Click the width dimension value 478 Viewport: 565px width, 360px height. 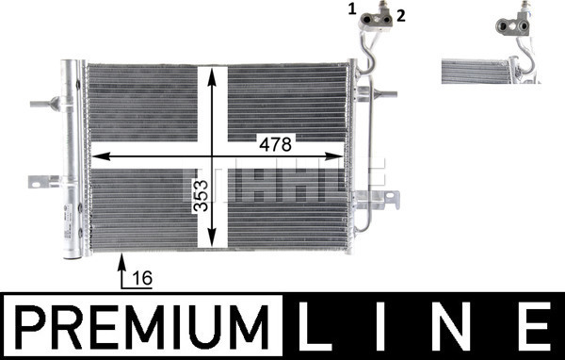tap(276, 144)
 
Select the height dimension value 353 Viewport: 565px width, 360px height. tap(202, 196)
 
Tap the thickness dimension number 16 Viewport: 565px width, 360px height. tap(143, 278)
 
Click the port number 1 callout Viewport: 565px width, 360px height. tap(352, 9)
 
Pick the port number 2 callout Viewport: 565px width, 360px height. tap(401, 15)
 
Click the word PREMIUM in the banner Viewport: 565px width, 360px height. tap(143, 327)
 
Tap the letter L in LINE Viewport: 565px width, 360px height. tap(315, 326)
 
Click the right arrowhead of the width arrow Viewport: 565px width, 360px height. tap(334, 156)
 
